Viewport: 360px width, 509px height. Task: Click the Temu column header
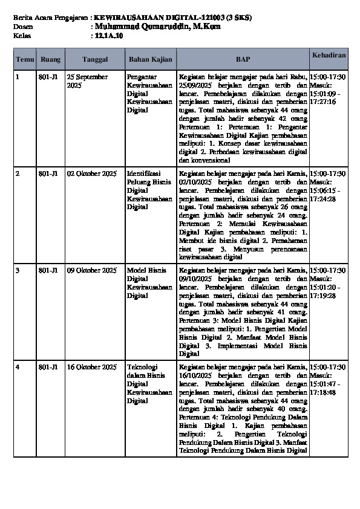25,59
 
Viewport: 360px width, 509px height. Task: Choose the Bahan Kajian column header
150,59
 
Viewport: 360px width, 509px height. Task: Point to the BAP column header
243,59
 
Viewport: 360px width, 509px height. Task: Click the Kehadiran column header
329,55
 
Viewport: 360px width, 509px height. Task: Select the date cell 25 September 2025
88,81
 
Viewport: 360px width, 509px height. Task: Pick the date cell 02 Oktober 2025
92,174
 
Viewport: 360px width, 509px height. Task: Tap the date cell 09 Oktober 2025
92,270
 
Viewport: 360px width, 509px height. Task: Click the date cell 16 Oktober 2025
92,367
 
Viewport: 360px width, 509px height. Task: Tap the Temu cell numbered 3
18,270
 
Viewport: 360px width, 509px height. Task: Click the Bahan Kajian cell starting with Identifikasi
149,190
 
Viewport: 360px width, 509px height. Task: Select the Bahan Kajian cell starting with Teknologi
149,383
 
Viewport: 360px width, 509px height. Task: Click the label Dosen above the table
23,27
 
